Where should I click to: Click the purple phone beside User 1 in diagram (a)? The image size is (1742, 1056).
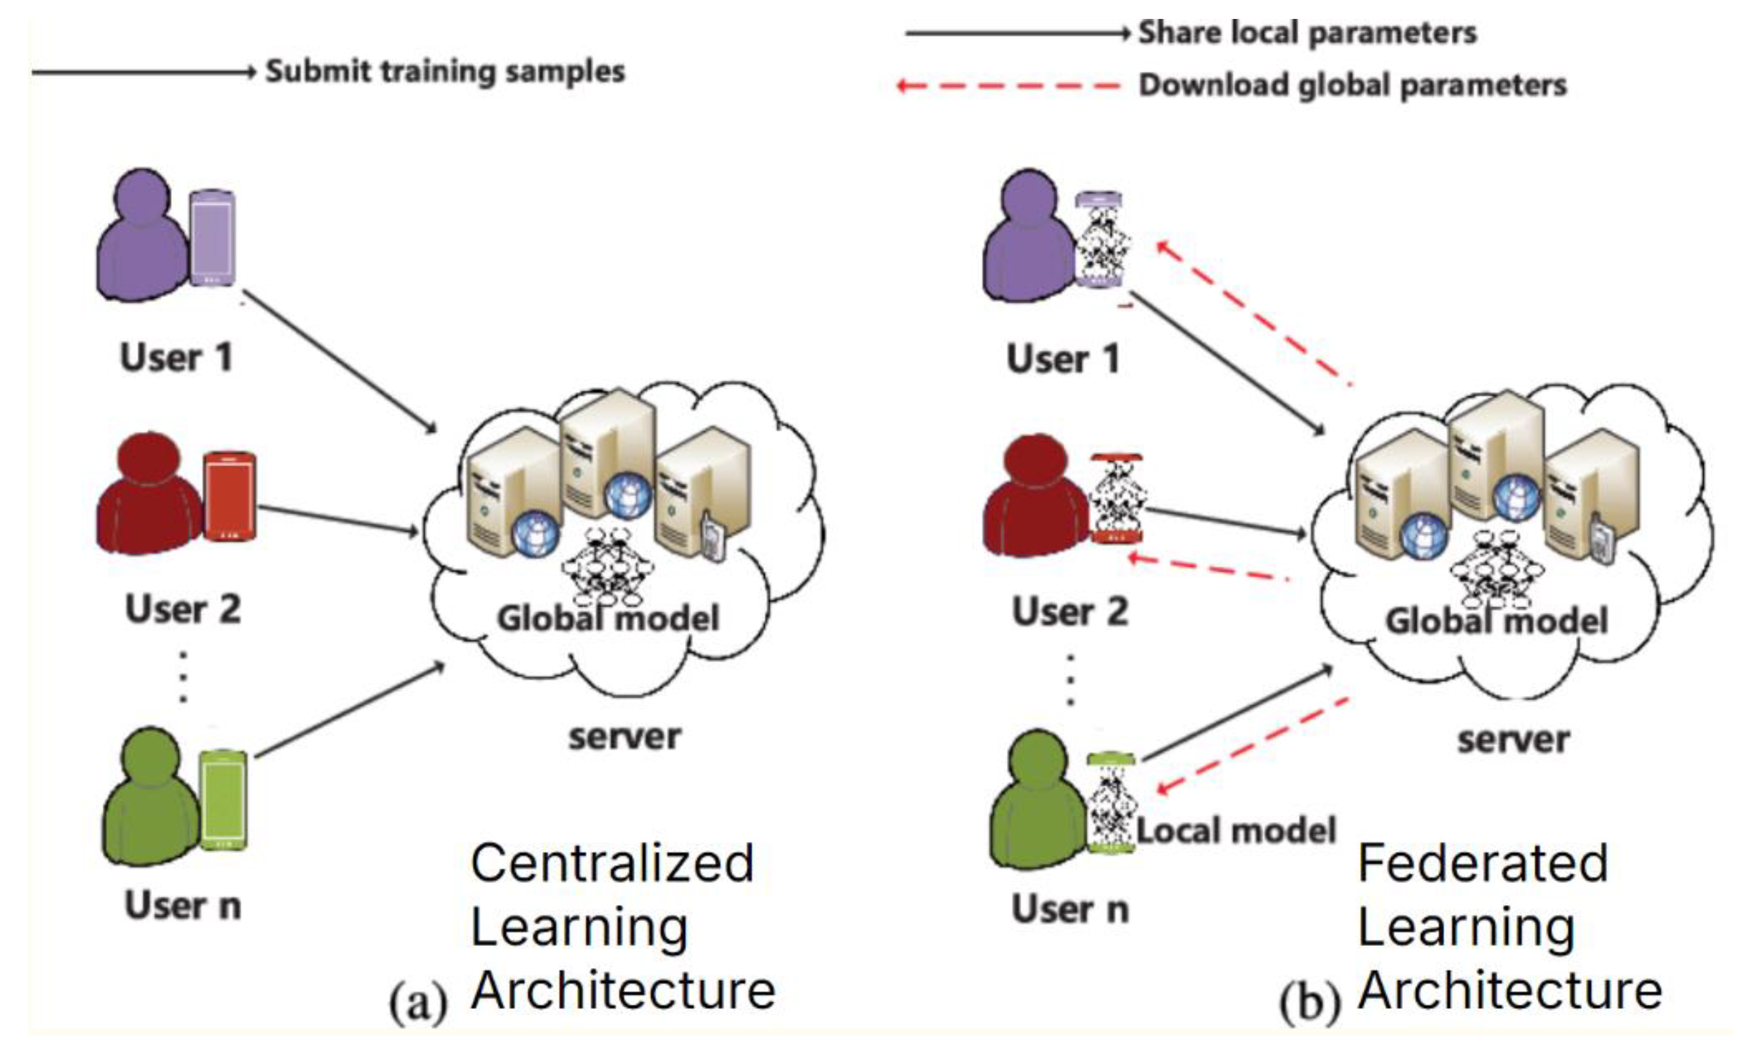coord(212,238)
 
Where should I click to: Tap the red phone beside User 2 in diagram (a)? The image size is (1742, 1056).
coord(229,496)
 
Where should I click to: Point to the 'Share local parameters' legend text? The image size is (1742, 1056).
coord(1307,32)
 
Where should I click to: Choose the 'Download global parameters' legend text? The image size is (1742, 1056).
coord(1352,86)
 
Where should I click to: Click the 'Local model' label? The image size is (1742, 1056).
coord(1236,831)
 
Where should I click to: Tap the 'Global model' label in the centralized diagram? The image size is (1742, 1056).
coord(608,618)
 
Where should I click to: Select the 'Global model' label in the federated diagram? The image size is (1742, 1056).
coord(1496,621)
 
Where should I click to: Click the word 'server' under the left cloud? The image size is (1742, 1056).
coord(624,737)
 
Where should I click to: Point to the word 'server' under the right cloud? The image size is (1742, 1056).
coord(1513,740)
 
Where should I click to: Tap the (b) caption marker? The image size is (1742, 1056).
coord(1309,1002)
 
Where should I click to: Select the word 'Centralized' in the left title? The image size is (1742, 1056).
coord(612,864)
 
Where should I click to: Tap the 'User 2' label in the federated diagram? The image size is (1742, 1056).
coord(1069,612)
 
